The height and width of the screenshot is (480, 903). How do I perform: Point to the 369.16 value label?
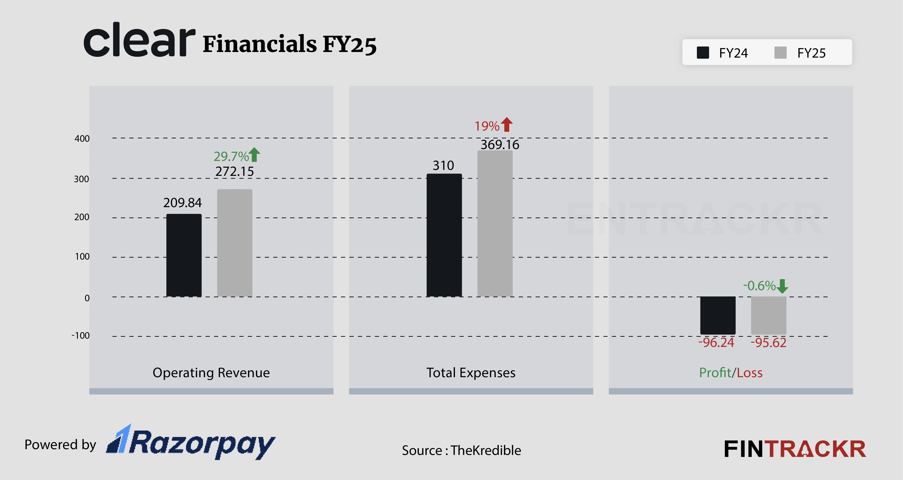[500, 144]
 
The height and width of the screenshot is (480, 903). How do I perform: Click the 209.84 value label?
[182, 203]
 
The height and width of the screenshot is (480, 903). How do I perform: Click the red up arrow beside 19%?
[507, 124]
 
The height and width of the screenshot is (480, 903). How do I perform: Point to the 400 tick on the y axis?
[82, 139]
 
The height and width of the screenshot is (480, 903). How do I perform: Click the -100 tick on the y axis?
[81, 336]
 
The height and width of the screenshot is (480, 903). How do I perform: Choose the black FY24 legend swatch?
[703, 53]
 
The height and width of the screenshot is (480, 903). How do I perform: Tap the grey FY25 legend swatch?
[780, 53]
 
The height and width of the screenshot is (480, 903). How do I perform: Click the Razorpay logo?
[191, 442]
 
